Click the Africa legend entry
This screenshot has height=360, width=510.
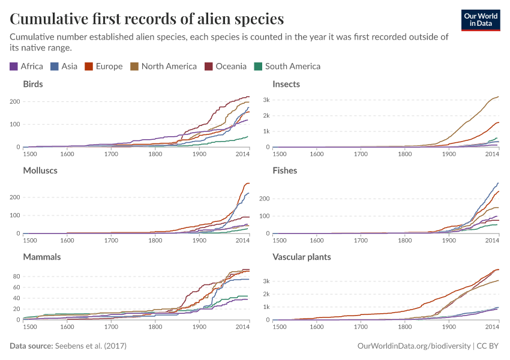[x=26, y=67]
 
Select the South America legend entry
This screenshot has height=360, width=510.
[x=287, y=67]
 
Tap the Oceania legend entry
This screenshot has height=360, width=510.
[x=226, y=67]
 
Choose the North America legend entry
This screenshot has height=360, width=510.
[x=164, y=67]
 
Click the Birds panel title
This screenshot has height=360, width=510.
[x=33, y=84]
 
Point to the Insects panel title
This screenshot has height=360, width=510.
[x=286, y=84]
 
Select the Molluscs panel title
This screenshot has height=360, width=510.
[x=40, y=170]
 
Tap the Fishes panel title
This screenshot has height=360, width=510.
[x=285, y=170]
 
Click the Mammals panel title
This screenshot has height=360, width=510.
[x=42, y=257]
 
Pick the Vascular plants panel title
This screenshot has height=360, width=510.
[x=302, y=257]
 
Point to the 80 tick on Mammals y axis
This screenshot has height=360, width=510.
[x=18, y=277]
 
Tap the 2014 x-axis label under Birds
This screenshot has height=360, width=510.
[x=242, y=154]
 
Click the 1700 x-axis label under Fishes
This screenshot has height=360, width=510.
[x=361, y=241]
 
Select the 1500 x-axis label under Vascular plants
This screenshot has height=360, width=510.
[x=279, y=327]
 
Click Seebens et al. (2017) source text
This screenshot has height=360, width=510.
[x=91, y=346]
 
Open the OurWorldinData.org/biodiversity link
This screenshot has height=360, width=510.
[x=413, y=346]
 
